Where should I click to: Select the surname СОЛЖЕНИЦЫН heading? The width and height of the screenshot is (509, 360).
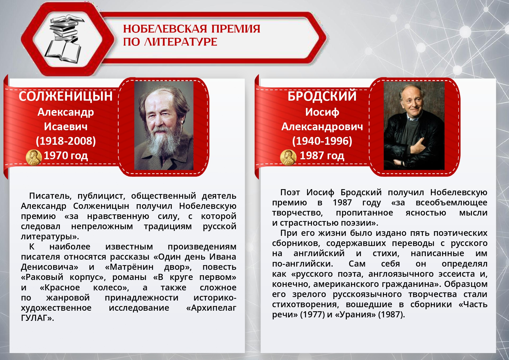[66, 96]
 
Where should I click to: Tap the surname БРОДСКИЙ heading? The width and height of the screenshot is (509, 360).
[322, 96]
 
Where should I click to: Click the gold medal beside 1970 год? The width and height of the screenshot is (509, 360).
[34, 158]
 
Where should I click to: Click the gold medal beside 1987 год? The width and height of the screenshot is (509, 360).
[288, 158]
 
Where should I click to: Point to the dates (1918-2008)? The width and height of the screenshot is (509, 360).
[66, 141]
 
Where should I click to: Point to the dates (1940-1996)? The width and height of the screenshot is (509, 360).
[322, 141]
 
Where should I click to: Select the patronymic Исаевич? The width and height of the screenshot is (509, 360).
[66, 127]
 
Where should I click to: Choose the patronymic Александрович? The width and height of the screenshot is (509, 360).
[322, 127]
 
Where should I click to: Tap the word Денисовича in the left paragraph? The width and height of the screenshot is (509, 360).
[49, 267]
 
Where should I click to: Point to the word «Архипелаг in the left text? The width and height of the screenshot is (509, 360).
[211, 308]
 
